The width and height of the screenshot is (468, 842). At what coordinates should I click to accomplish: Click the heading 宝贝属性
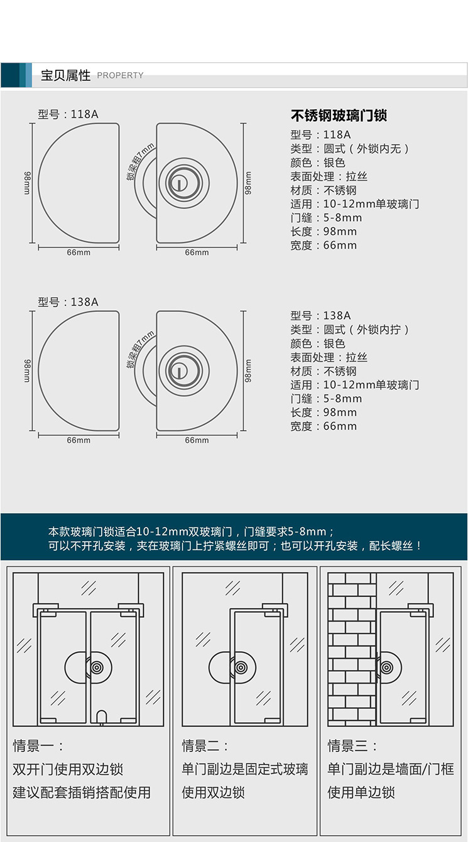[x=65, y=75]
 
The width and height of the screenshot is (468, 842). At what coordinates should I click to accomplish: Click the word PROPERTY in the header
[x=120, y=75]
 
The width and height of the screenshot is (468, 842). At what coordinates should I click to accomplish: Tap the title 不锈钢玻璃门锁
[x=339, y=116]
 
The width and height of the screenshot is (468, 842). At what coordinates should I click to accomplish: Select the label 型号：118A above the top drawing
[x=68, y=114]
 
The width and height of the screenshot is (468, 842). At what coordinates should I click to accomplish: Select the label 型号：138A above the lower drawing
[x=68, y=302]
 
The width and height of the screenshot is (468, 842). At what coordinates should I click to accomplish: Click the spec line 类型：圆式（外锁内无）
[x=350, y=149]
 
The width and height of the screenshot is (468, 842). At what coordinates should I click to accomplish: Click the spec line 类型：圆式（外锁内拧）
[x=350, y=330]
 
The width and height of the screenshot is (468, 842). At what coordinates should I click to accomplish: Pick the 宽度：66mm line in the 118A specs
[x=324, y=246]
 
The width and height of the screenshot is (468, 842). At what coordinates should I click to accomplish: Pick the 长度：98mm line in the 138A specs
[x=324, y=413]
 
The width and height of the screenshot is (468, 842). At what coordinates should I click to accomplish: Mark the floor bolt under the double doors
[x=102, y=716]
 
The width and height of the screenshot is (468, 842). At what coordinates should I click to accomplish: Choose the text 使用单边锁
[x=361, y=792]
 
